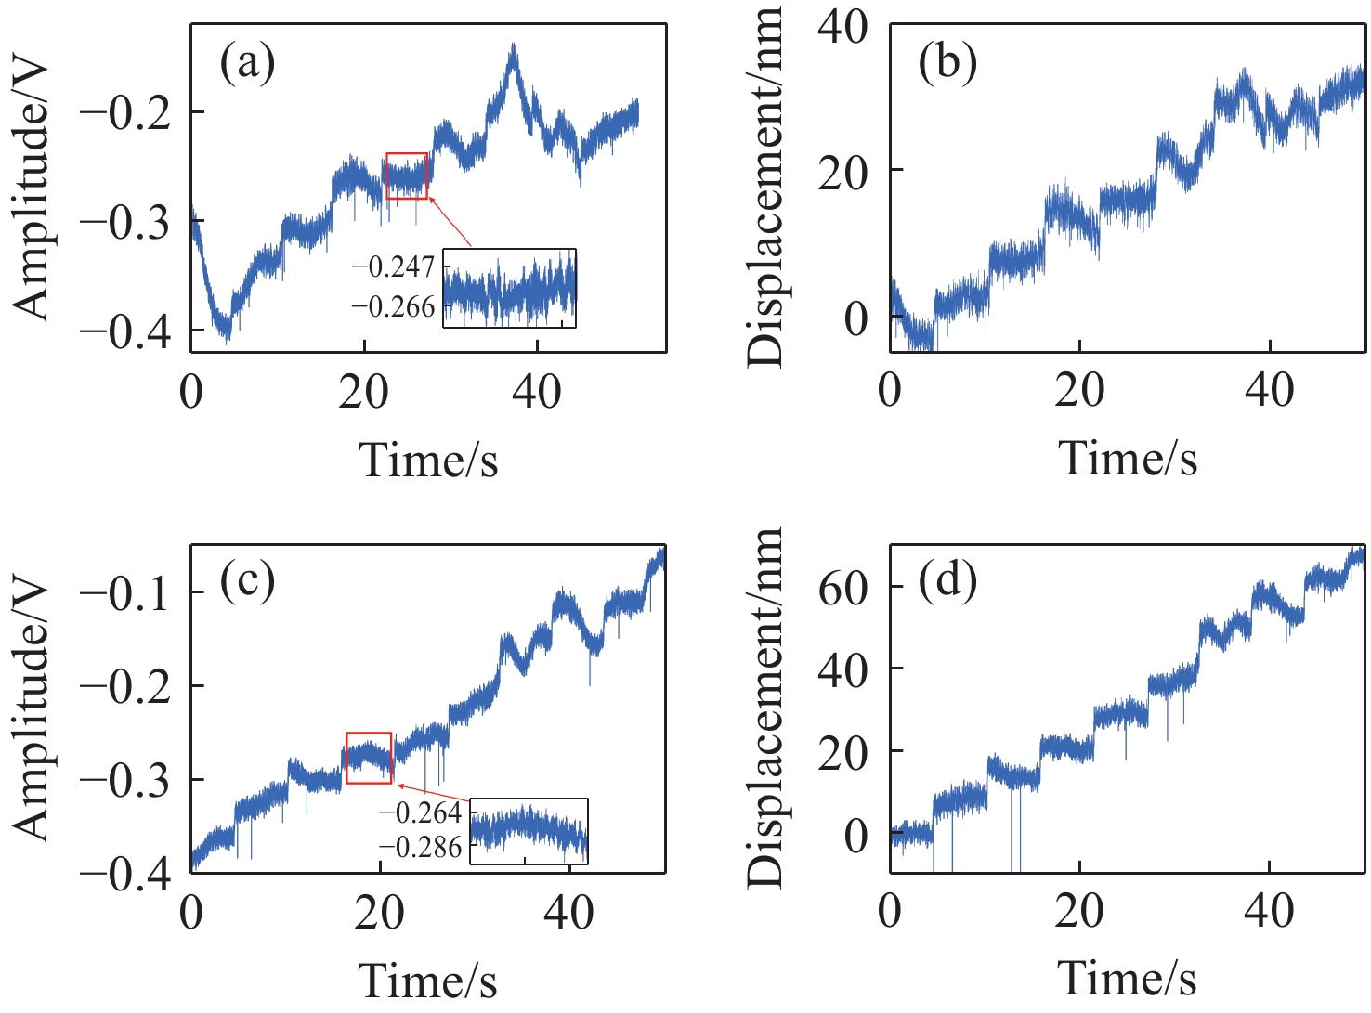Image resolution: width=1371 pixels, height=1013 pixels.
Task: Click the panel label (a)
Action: pyautogui.click(x=247, y=64)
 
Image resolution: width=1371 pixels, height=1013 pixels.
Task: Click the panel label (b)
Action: pyautogui.click(x=947, y=64)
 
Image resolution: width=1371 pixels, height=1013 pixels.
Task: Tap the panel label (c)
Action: pyautogui.click(x=247, y=582)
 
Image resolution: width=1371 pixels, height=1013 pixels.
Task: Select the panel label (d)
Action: pyautogui.click(x=947, y=582)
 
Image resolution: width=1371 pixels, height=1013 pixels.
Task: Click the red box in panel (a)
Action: pyautogui.click(x=407, y=176)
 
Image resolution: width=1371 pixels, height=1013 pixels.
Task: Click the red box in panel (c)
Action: pyautogui.click(x=369, y=758)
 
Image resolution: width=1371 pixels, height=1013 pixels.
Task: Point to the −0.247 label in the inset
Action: pyautogui.click(x=393, y=267)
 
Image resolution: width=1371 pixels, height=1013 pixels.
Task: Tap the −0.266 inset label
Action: pyautogui.click(x=393, y=306)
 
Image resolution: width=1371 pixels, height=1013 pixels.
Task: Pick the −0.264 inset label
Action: pyautogui.click(x=420, y=813)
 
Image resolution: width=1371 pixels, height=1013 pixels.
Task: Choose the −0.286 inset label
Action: pyautogui.click(x=420, y=847)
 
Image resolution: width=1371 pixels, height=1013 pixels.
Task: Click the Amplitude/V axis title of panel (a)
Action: pyautogui.click(x=33, y=189)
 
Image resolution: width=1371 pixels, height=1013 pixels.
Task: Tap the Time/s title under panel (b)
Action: pyautogui.click(x=1128, y=459)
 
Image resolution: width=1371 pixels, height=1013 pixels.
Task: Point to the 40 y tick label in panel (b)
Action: pyautogui.click(x=842, y=28)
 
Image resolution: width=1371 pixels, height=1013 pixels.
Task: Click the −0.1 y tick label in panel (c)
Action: pyautogui.click(x=126, y=593)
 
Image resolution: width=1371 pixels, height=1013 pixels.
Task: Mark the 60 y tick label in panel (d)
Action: pyautogui.click(x=842, y=588)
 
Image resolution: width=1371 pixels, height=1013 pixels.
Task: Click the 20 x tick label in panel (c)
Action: pyautogui.click(x=379, y=914)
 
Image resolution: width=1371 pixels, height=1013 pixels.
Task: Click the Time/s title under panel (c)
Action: pyautogui.click(x=428, y=981)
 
